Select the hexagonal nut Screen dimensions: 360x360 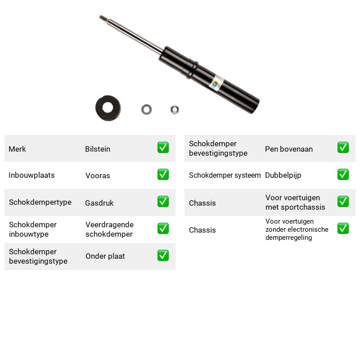point(175,109)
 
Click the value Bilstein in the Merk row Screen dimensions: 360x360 point(98,149)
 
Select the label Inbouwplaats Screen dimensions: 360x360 point(31,175)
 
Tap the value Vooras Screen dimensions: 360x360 point(98,175)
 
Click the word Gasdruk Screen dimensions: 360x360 point(99,203)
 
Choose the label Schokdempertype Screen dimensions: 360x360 point(40,202)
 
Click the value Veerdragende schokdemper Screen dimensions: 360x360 point(109,229)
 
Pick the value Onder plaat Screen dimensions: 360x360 point(105,256)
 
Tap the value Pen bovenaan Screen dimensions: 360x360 point(289,149)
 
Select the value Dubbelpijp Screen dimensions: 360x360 point(283,175)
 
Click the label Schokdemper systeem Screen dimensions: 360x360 point(225,175)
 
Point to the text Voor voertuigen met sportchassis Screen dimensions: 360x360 point(295,202)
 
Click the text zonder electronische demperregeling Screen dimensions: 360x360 point(297,234)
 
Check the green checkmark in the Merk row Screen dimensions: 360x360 point(163,148)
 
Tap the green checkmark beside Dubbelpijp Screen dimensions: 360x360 point(343,175)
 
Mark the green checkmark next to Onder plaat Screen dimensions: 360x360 point(163,256)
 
